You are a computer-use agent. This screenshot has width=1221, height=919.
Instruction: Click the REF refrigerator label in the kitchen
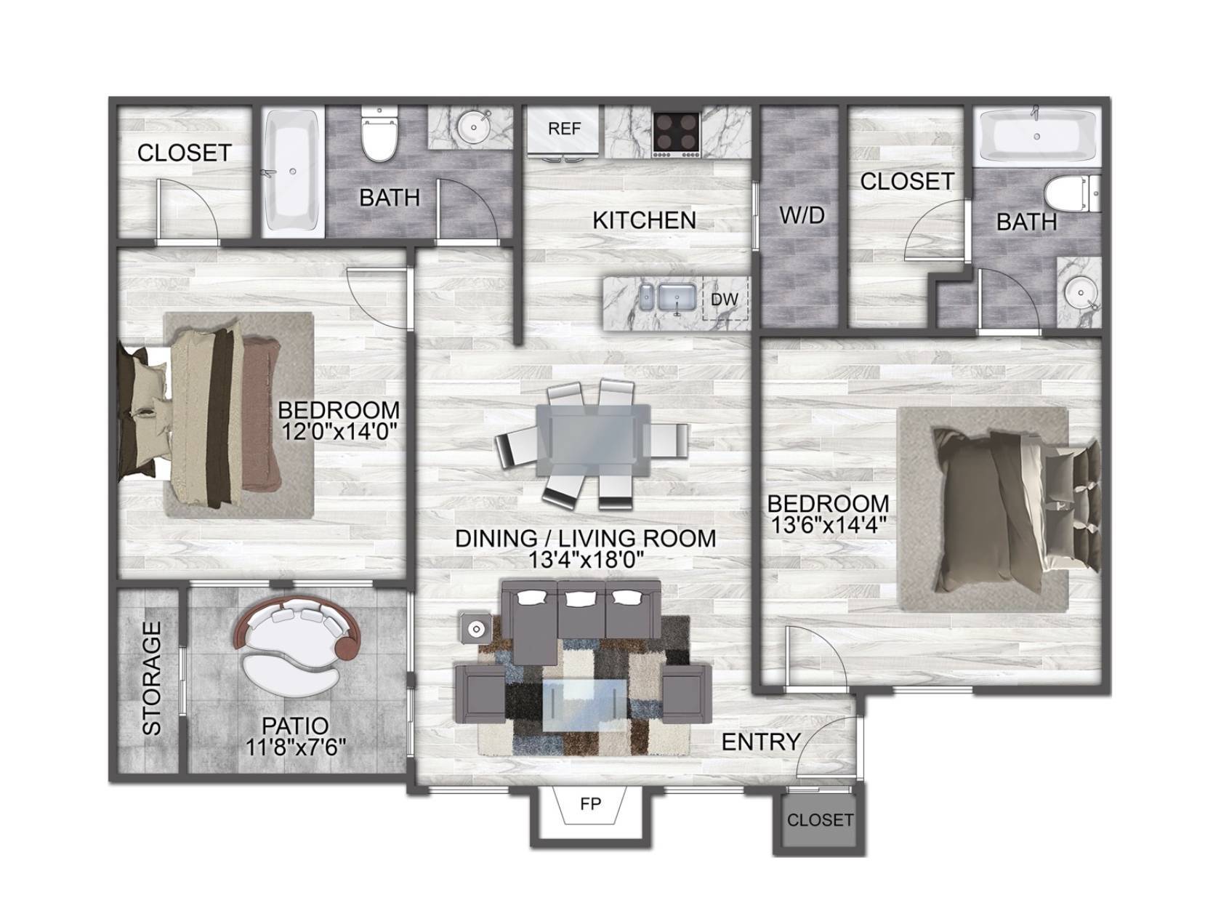(564, 129)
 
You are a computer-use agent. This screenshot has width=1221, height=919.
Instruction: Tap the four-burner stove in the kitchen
(677, 134)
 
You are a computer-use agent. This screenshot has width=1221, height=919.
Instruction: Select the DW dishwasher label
(725, 300)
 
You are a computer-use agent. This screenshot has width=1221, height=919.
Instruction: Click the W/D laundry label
(802, 215)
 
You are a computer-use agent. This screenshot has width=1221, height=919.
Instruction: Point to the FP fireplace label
(590, 804)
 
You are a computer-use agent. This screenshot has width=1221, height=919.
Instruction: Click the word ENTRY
(761, 742)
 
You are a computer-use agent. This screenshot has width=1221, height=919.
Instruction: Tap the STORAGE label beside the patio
(152, 678)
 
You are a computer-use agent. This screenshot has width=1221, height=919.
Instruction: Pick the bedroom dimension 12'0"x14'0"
(339, 431)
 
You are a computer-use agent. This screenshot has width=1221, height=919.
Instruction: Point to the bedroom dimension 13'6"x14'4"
(828, 525)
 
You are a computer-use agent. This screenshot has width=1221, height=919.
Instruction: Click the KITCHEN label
(644, 221)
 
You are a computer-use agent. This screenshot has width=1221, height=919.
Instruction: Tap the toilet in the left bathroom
(379, 134)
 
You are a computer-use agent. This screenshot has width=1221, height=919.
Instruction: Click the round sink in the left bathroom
(473, 127)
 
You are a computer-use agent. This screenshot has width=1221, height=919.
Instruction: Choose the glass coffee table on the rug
(582, 705)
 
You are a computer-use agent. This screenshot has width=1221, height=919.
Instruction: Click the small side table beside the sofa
(475, 629)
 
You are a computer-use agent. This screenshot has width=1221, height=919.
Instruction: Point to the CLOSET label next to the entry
(820, 819)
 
